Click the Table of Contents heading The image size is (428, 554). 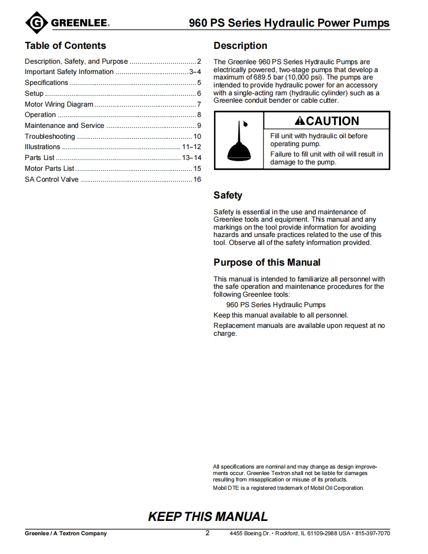pyautogui.click(x=65, y=46)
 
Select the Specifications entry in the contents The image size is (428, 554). pyautogui.click(x=46, y=82)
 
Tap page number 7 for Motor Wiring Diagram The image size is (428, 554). pyautogui.click(x=199, y=104)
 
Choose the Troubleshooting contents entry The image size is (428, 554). pyautogui.click(x=50, y=136)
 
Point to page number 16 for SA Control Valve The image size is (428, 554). pyautogui.click(x=197, y=179)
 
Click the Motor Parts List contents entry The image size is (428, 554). pyautogui.click(x=49, y=168)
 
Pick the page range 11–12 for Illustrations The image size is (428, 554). pyautogui.click(x=191, y=147)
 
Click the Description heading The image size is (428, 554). pyautogui.click(x=240, y=46)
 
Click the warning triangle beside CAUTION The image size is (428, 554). pyautogui.click(x=300, y=121)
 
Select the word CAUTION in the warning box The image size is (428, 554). pyautogui.click(x=333, y=121)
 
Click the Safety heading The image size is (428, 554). pyautogui.click(x=228, y=196)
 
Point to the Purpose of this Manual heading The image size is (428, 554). pyautogui.click(x=267, y=263)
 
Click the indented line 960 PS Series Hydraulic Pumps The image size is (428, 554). pyautogui.click(x=276, y=305)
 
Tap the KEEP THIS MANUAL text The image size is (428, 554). pyautogui.click(x=208, y=517)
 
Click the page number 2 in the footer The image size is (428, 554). pyautogui.click(x=208, y=533)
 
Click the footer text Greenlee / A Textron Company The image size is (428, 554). pyautogui.click(x=66, y=533)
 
